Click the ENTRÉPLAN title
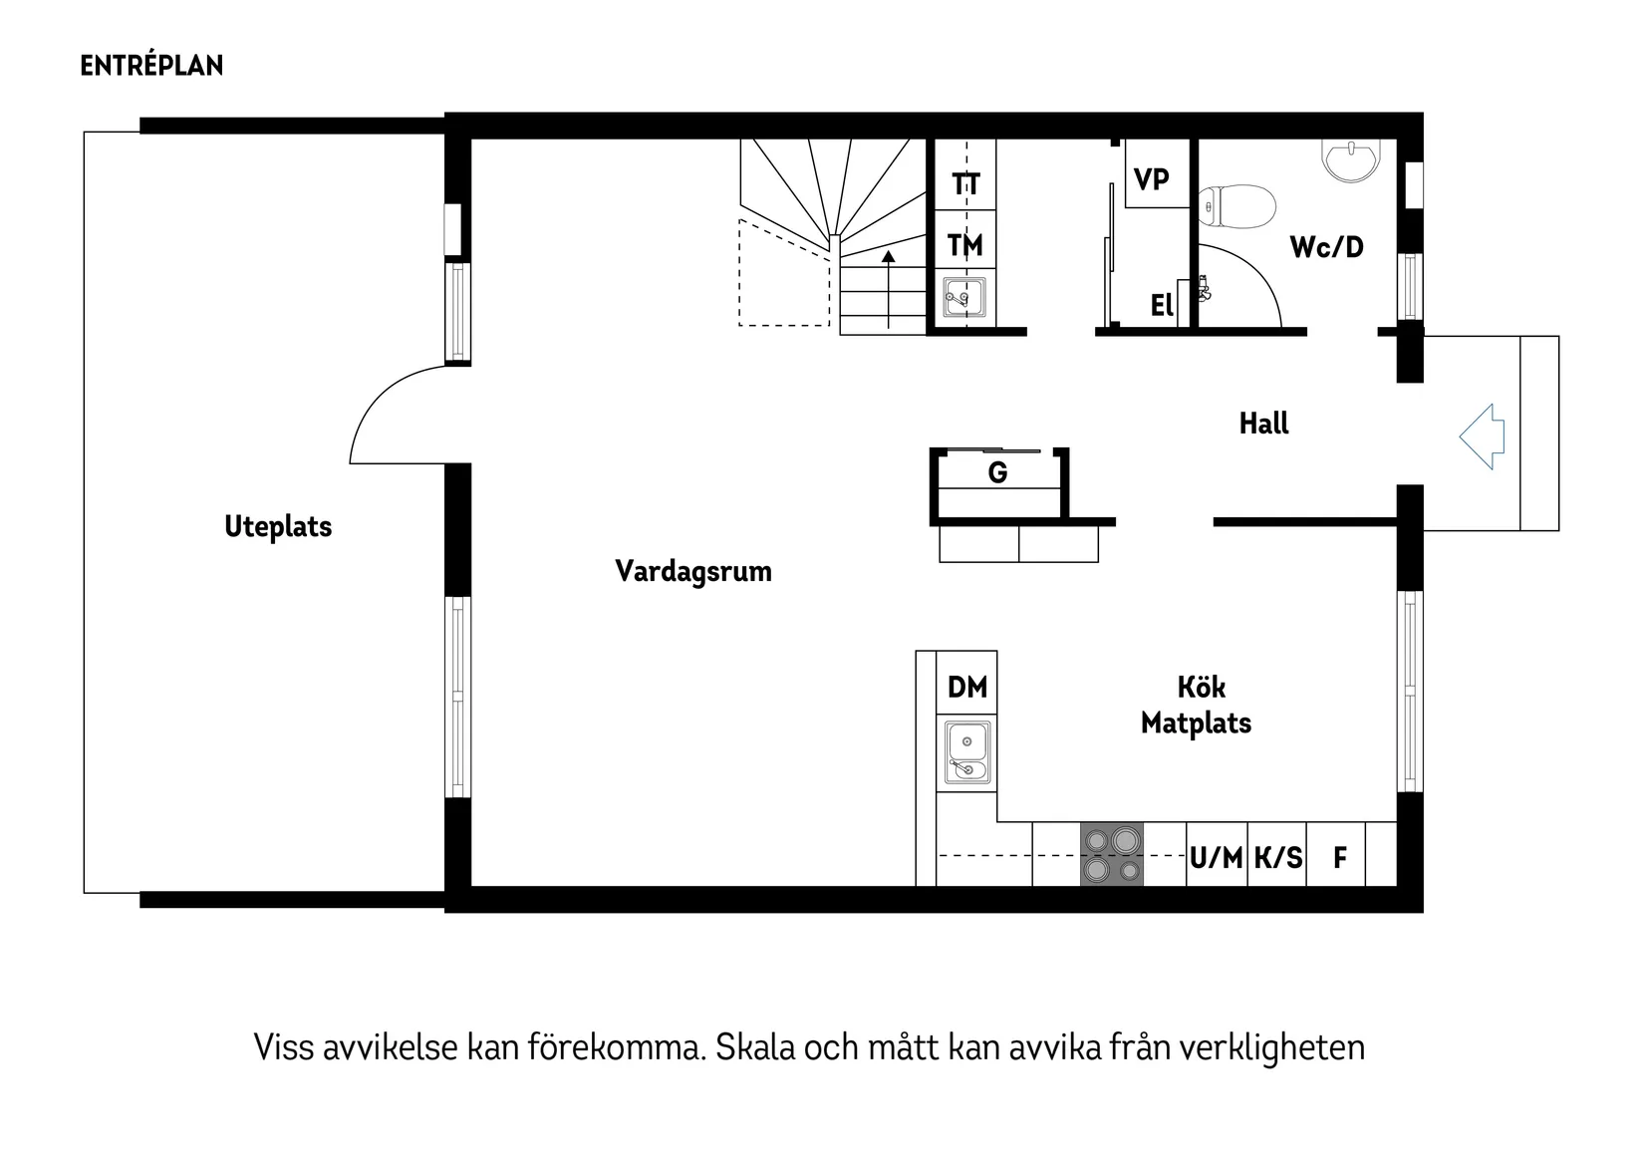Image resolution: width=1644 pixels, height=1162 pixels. tap(151, 66)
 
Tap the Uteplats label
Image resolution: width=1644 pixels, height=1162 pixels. tap(278, 527)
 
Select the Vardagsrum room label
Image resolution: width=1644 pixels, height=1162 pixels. tap(693, 572)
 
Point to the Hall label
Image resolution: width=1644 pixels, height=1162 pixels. tap(1263, 424)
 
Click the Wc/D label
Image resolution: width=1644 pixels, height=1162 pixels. tap(1326, 247)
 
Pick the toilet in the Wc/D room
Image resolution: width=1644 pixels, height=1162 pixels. tap(1237, 207)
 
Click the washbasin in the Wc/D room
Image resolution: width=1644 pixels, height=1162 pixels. tap(1352, 159)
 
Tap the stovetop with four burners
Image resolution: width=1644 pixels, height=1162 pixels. tap(1112, 854)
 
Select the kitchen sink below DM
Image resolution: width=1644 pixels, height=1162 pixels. tap(966, 752)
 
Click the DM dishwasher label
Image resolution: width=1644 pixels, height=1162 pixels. tap(966, 687)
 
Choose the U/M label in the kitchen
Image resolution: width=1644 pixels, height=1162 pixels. tap(1217, 857)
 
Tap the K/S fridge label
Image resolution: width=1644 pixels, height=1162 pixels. tap(1277, 857)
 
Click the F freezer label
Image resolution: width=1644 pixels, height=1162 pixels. tap(1340, 857)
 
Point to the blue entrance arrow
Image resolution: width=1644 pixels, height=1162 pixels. tap(1483, 436)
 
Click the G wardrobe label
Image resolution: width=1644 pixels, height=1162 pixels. tap(997, 472)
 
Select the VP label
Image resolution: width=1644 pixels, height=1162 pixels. tap(1152, 180)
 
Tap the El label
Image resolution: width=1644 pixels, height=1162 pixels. tap(1162, 305)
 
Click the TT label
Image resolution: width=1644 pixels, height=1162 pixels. tap(965, 184)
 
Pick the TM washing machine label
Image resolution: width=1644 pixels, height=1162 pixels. tap(964, 245)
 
